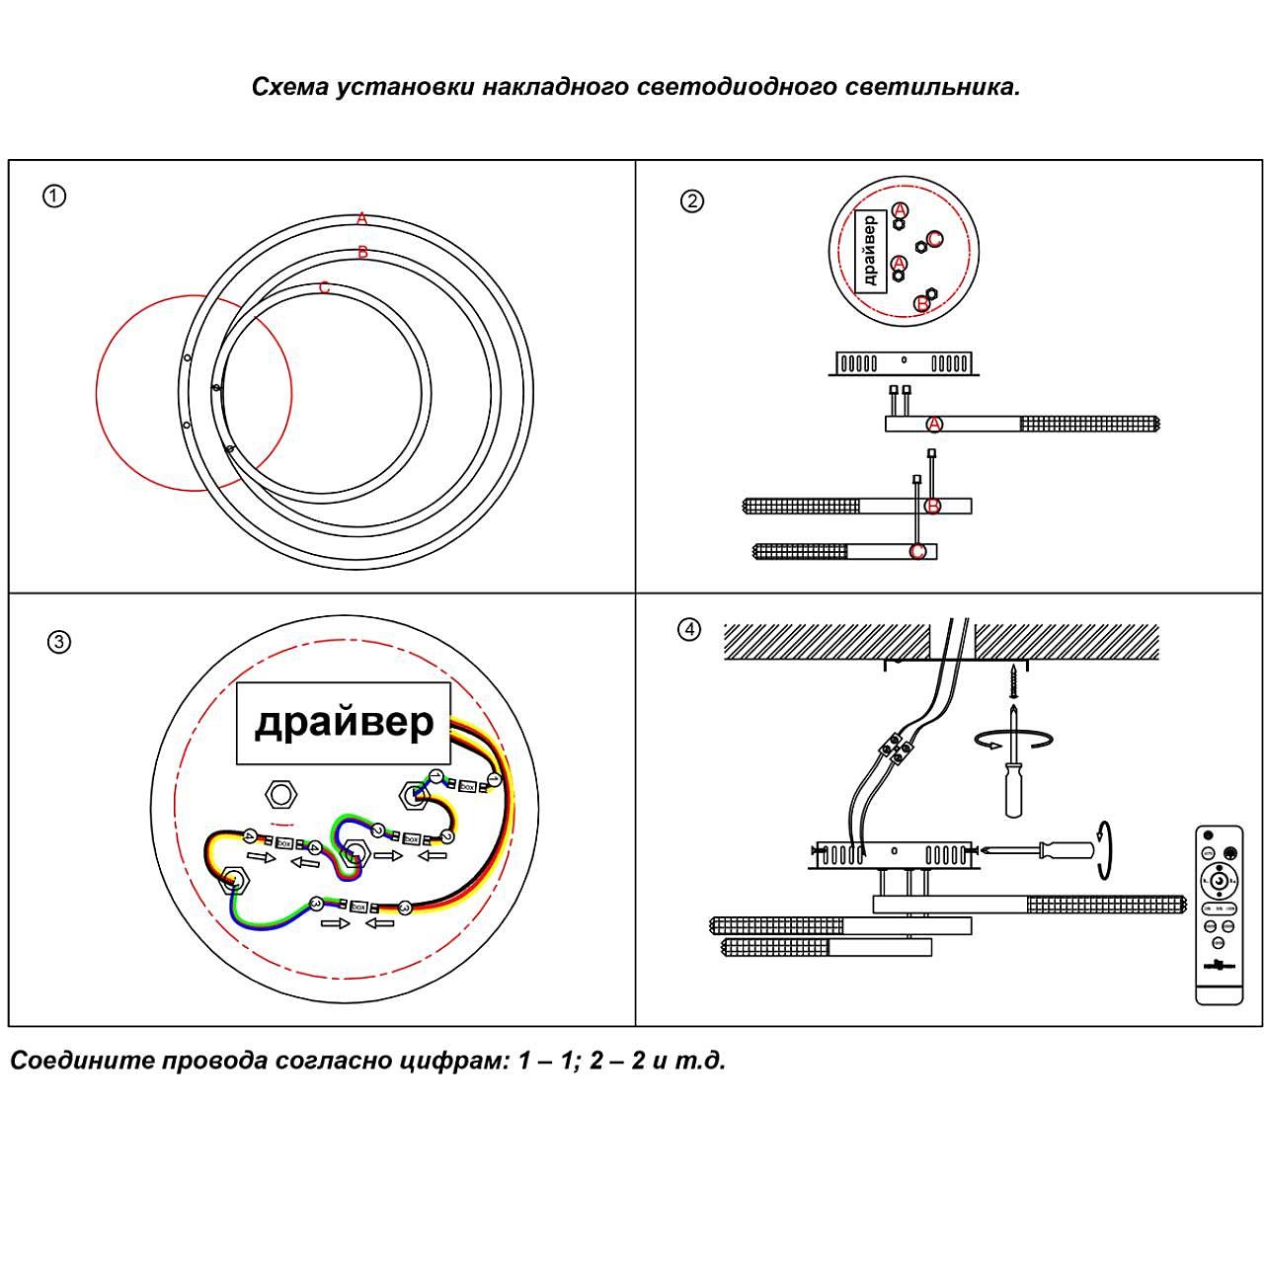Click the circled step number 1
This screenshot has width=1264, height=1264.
pyautogui.click(x=54, y=196)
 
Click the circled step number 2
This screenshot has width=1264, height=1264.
pyautogui.click(x=692, y=201)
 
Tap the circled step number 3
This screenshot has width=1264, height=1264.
pyautogui.click(x=59, y=643)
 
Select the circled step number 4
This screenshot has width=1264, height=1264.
pyautogui.click(x=688, y=629)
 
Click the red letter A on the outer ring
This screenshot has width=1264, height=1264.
pyautogui.click(x=362, y=218)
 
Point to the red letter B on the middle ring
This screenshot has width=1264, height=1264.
pyautogui.click(x=362, y=253)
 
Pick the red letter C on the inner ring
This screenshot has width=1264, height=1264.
pyautogui.click(x=324, y=288)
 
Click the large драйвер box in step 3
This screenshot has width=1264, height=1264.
pyautogui.click(x=344, y=723)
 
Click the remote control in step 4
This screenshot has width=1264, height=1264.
pyautogui.click(x=1220, y=914)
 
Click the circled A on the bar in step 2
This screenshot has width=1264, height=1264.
pyautogui.click(x=934, y=425)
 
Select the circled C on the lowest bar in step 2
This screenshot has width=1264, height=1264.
pyautogui.click(x=918, y=551)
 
